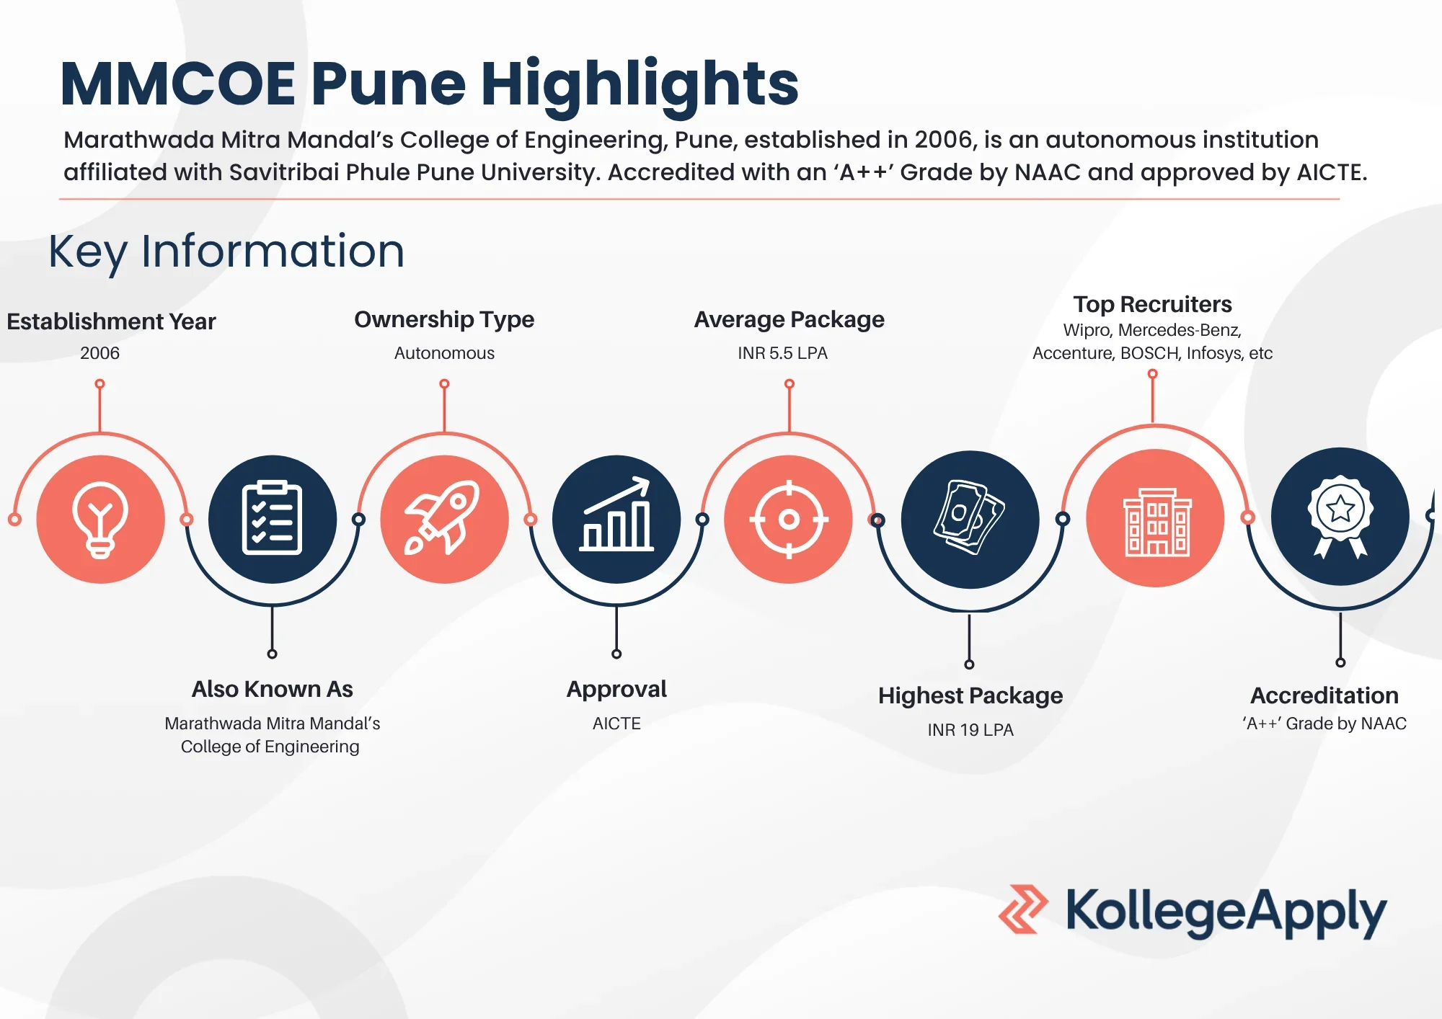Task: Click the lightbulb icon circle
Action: tap(100, 519)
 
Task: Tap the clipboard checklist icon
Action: tap(272, 519)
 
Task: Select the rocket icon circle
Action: tap(444, 519)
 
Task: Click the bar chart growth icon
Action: tap(616, 519)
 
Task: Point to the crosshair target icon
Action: tap(789, 519)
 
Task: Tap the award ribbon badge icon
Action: tap(1340, 516)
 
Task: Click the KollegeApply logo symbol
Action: tap(1023, 909)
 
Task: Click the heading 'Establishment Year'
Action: tap(111, 321)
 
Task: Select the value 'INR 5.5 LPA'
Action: tap(782, 353)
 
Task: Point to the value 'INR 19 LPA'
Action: tap(970, 730)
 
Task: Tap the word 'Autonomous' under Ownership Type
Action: tap(444, 353)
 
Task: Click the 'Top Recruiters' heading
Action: tap(1152, 304)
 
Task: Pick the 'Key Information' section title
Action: tap(226, 252)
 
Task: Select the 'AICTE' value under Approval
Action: tap(616, 724)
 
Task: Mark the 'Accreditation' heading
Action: tap(1324, 695)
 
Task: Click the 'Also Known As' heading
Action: tap(273, 689)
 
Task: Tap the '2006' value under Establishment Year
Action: tap(99, 353)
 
